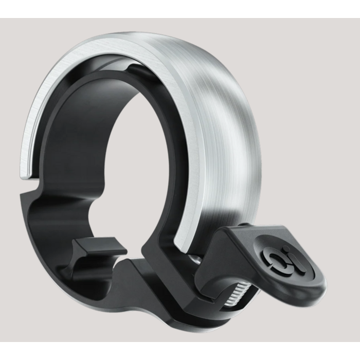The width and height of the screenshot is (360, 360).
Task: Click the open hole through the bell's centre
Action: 123,154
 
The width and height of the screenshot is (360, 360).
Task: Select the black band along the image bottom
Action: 180,351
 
